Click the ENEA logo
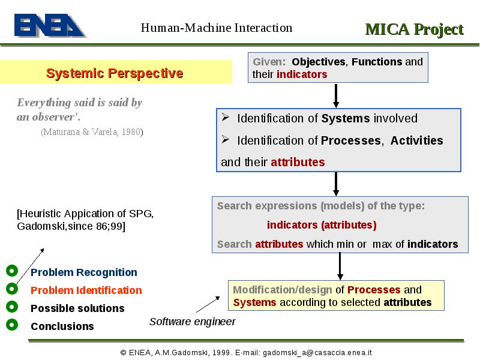50,25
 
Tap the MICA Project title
414,29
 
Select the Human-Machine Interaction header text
217,28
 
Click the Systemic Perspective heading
115,73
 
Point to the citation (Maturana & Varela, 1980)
92,132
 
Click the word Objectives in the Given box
319,62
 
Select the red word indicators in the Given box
302,74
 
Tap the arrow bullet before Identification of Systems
226,117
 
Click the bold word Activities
416,140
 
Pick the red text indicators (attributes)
322,225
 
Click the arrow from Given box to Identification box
336,96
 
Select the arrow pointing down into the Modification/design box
340,266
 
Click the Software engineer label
192,322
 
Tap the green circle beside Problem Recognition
12,271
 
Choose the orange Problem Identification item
86,290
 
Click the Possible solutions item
77,308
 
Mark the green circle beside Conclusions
12,325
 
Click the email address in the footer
317,353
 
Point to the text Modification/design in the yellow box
282,290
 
